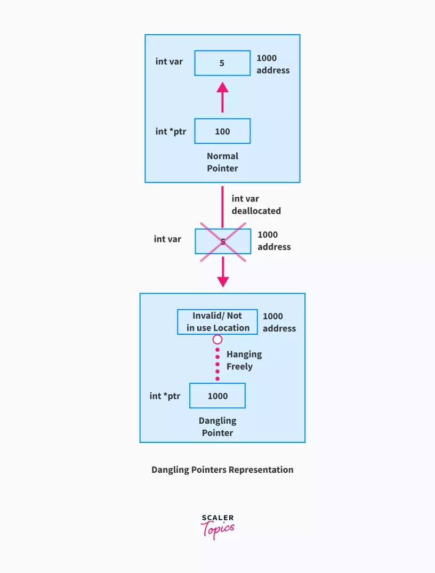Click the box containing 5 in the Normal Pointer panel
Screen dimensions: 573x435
222,63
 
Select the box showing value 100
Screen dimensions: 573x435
222,131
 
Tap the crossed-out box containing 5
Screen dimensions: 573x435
223,241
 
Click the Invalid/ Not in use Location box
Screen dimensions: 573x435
217,322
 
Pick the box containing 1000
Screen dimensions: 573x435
217,396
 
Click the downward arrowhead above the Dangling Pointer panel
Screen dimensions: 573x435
223,280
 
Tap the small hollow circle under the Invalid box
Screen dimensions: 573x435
217,340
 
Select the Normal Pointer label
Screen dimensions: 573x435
222,162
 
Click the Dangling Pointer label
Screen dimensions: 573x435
217,426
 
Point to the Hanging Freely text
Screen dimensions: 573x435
244,360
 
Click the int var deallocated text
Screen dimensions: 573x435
256,205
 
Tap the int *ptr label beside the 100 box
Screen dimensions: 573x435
171,131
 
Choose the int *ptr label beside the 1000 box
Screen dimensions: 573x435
165,396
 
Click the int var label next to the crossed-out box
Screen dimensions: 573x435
167,239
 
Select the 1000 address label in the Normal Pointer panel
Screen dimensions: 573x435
272,64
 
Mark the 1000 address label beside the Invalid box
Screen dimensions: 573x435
279,322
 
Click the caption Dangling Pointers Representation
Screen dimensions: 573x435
222,470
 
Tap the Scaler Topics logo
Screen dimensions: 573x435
217,526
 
